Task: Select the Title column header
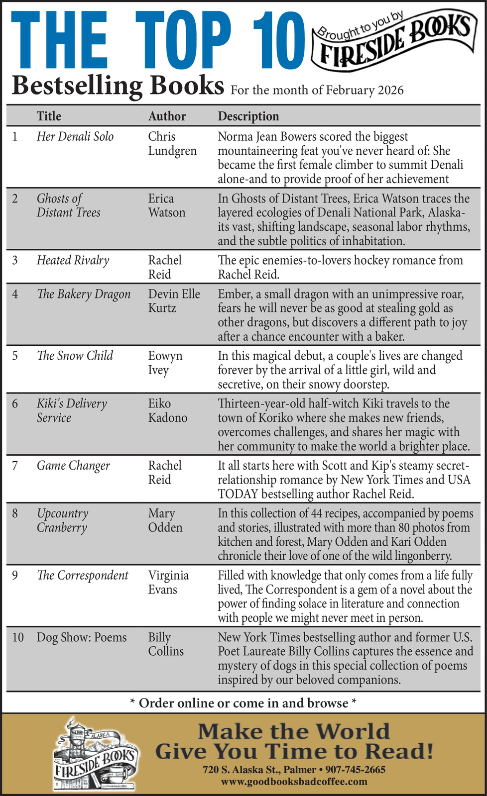[49, 116]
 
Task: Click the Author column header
[167, 116]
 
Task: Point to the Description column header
[248, 116]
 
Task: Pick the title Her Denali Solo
[75, 137]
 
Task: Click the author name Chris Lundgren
[172, 144]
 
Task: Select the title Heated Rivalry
[73, 260]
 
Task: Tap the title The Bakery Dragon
[84, 294]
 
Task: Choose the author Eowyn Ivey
[165, 363]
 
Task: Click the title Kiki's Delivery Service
[72, 410]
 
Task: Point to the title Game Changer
[73, 466]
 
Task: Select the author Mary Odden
[165, 520]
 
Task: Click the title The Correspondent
[82, 576]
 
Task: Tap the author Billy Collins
[166, 644]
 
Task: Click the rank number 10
[18, 637]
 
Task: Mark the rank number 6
[15, 403]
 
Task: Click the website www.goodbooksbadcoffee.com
[294, 782]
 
